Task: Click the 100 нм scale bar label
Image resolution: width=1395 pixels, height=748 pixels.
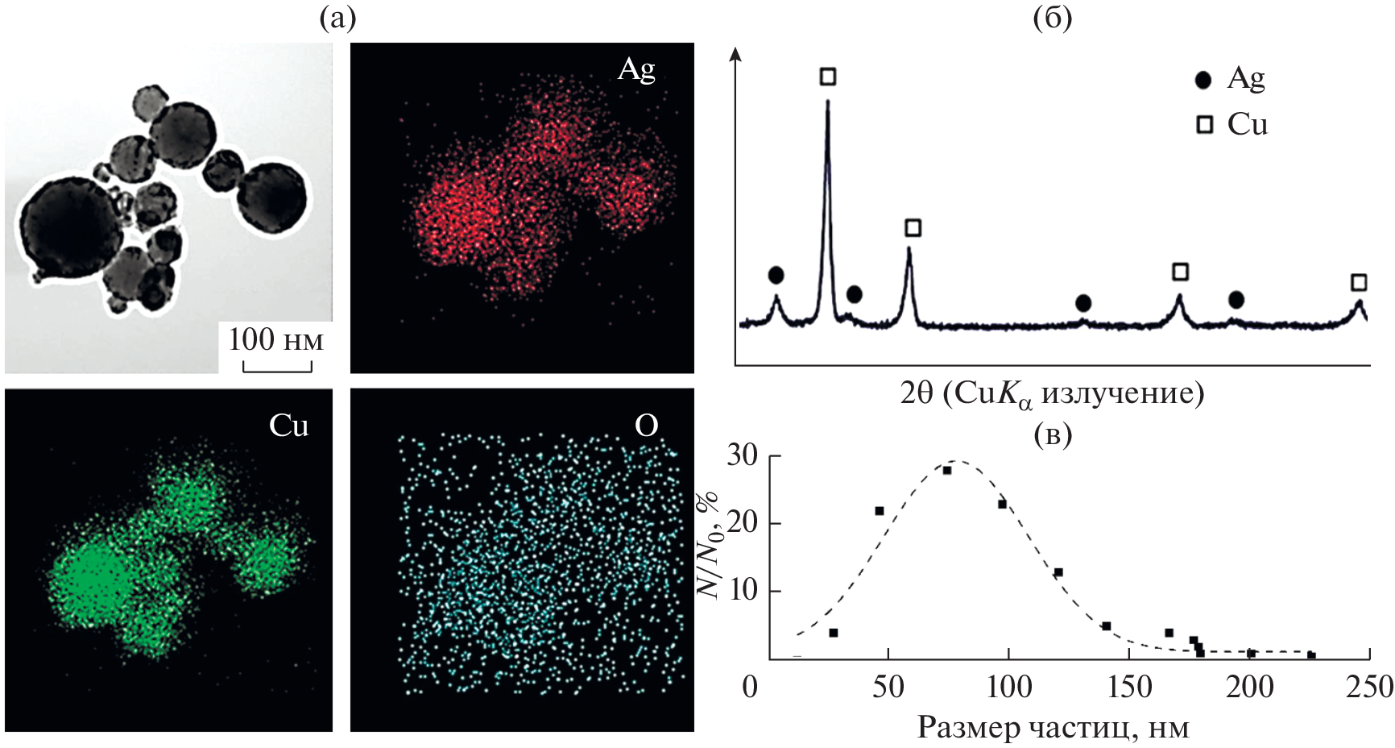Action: pos(275,339)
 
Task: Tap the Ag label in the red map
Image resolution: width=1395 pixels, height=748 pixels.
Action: pos(636,69)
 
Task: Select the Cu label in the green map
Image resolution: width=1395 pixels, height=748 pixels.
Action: pos(288,425)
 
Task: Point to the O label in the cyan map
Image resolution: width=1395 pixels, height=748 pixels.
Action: pos(646,425)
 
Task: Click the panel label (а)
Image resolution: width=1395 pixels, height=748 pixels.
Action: pos(337,17)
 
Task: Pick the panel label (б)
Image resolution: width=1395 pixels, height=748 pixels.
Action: pos(1052,17)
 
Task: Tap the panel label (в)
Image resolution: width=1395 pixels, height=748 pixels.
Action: pos(1052,434)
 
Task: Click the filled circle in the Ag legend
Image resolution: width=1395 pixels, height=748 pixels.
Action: pos(1203,79)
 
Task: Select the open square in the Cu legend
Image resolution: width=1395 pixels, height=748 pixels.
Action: pos(1204,124)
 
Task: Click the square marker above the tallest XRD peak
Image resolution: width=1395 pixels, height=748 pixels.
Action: pos(827,77)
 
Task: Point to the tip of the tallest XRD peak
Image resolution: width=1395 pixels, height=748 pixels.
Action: pos(827,102)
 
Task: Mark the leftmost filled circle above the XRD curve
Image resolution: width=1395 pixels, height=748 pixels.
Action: pos(776,276)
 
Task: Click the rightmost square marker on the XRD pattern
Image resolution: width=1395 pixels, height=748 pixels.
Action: pos(1359,282)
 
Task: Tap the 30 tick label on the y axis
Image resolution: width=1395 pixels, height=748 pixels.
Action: pos(742,456)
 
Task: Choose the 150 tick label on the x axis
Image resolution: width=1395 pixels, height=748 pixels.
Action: pos(1129,688)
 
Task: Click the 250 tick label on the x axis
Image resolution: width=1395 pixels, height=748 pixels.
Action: pos(1370,688)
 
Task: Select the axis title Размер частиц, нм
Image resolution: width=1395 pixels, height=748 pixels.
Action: pos(1053,728)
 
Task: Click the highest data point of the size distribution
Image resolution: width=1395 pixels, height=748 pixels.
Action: pos(947,470)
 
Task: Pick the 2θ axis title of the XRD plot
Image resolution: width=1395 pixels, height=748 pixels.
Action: pos(1052,393)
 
